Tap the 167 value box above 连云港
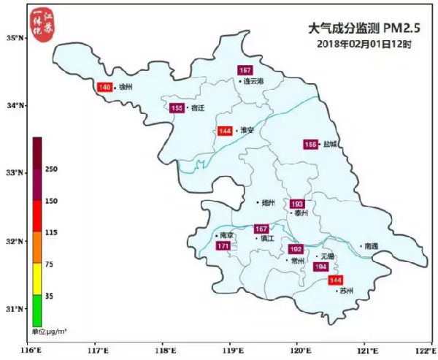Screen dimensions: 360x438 (x=245, y=70)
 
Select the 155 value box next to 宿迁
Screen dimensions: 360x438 (x=177, y=108)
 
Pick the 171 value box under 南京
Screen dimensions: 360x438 (x=223, y=247)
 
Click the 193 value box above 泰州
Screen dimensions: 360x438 (x=297, y=204)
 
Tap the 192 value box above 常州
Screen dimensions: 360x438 (x=296, y=249)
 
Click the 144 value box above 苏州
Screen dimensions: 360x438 (x=335, y=280)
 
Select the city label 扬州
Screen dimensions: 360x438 (x=269, y=202)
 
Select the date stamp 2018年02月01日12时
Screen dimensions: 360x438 (x=365, y=45)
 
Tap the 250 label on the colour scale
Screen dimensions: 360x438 (x=51, y=169)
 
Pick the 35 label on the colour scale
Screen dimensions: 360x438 (x=50, y=296)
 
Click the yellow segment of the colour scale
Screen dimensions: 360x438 (x=37, y=280)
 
